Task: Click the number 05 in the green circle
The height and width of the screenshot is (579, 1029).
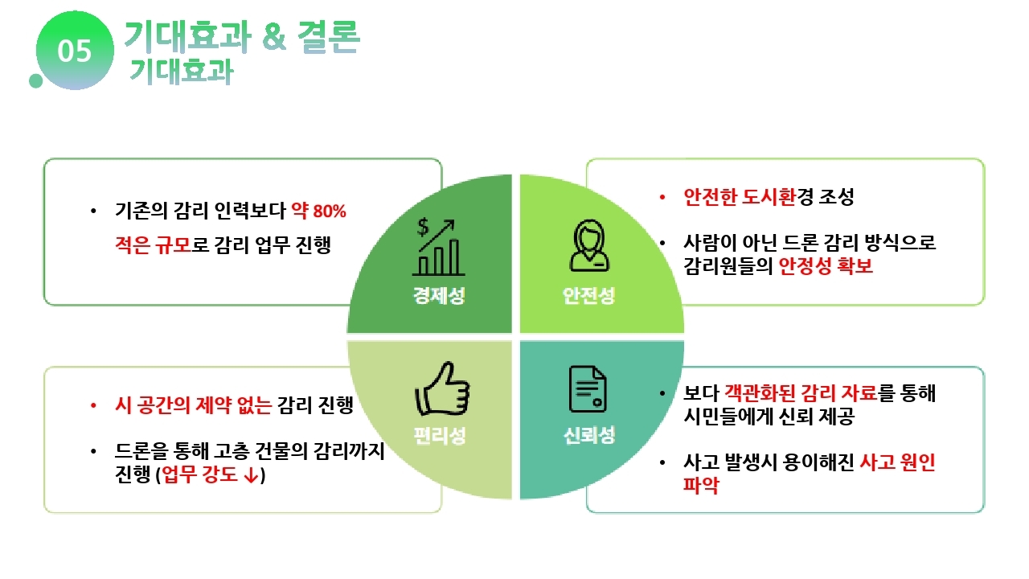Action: tap(75, 51)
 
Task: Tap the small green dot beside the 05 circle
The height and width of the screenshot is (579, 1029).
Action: tap(36, 81)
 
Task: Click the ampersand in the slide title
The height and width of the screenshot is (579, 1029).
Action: tap(274, 36)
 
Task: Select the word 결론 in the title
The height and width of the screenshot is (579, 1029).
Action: tap(329, 36)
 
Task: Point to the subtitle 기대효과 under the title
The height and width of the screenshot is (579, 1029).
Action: tap(182, 72)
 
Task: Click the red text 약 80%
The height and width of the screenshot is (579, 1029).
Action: tap(319, 211)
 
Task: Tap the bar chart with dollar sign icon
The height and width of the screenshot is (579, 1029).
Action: tap(438, 247)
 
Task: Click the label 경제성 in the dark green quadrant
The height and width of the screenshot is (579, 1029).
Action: tap(439, 295)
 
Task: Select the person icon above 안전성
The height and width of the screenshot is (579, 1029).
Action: tap(589, 245)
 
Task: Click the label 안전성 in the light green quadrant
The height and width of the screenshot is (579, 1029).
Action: tap(589, 295)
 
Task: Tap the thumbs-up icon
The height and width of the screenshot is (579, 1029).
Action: tap(442, 388)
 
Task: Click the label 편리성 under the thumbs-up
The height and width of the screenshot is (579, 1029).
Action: tap(440, 435)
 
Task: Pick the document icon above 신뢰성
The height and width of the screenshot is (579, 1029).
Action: tap(588, 388)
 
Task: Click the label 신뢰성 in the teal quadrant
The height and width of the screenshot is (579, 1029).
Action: tap(589, 435)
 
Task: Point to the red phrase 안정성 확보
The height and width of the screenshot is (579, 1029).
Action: tap(826, 266)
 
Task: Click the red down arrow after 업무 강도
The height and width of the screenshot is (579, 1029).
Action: tap(252, 475)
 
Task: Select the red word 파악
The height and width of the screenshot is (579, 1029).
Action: tap(701, 485)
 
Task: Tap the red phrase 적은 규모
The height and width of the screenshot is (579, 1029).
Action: tap(153, 244)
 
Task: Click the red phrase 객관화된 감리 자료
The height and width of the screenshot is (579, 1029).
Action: tap(801, 393)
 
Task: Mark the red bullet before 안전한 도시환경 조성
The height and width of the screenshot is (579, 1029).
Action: tap(662, 198)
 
